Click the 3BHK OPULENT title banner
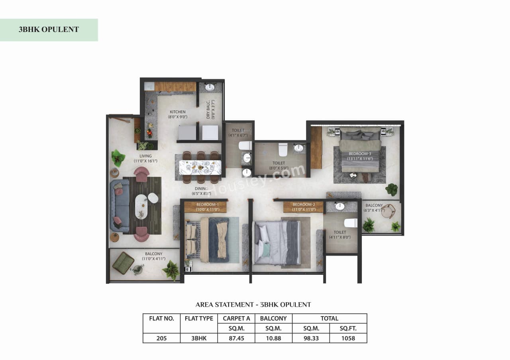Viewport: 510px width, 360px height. [x=49, y=30]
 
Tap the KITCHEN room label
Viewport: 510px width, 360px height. [x=177, y=114]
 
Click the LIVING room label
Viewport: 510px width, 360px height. [x=145, y=159]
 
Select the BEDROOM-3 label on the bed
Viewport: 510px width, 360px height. [x=360, y=156]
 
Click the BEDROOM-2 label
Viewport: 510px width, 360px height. [x=304, y=207]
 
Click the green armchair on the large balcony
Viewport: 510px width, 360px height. [x=123, y=263]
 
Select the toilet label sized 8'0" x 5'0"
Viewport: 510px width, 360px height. [x=279, y=165]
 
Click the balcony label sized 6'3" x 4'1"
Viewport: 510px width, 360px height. [x=373, y=208]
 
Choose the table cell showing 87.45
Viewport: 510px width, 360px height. [x=236, y=338]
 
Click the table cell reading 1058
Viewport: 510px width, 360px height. [x=348, y=338]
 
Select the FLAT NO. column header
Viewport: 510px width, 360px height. [x=161, y=319]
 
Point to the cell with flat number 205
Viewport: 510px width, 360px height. [x=161, y=338]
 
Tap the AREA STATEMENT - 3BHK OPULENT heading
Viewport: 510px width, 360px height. [x=253, y=305]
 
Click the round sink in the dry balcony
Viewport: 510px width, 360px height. [x=210, y=87]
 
